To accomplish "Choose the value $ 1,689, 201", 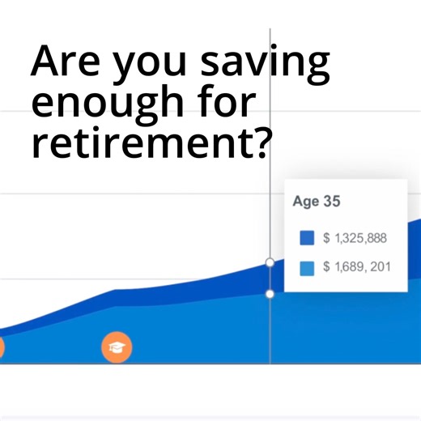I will pos(357,266).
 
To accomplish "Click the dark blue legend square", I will pos(307,238).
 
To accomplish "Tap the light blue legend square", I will pos(307,267).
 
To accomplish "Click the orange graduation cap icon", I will pos(117,347).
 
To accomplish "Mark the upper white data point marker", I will pos(270,262).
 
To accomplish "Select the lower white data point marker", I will pos(270,294).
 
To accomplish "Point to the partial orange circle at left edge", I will pos(2,348).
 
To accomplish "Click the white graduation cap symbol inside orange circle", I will pos(117,347).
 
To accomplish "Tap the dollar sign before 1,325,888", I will pos(326,238).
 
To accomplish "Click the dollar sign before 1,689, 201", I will pos(326,266).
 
